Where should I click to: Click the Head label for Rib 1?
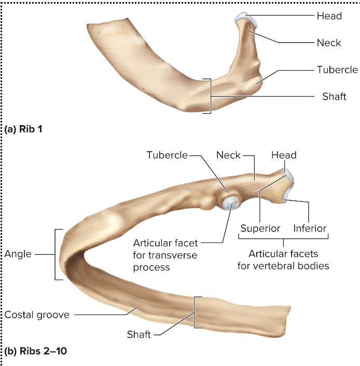click(x=329, y=16)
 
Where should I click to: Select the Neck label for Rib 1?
click(x=329, y=43)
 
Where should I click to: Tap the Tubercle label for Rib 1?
click(x=337, y=70)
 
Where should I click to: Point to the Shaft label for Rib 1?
click(x=334, y=97)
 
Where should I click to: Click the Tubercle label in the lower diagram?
click(x=167, y=155)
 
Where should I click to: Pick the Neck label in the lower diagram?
click(x=228, y=155)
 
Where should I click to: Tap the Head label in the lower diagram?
click(x=284, y=155)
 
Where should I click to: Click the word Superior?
click(x=260, y=228)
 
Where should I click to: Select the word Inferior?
click(x=310, y=228)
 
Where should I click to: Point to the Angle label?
click(x=18, y=254)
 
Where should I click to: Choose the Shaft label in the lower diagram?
click(x=139, y=334)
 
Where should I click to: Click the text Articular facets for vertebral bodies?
click(x=283, y=260)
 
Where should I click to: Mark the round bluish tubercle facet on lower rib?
click(x=229, y=202)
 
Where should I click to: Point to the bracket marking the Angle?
click(x=56, y=254)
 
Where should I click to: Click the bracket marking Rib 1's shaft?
click(x=210, y=96)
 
